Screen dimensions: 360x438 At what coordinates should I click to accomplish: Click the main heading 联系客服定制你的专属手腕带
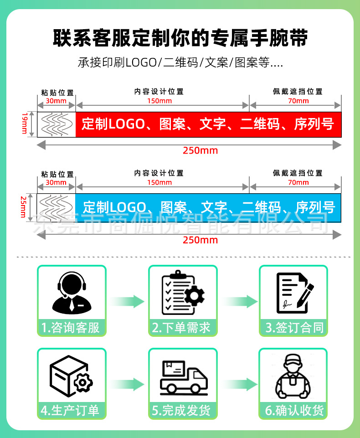(x=180, y=38)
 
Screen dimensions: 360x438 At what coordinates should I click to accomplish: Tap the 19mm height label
(x=25, y=124)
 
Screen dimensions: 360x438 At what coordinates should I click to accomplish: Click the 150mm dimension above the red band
(x=159, y=101)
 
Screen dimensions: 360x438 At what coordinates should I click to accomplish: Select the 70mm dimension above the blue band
(x=298, y=182)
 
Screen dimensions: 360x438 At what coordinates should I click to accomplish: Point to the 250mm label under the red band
(x=201, y=150)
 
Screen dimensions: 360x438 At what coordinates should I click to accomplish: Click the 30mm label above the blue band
(x=56, y=182)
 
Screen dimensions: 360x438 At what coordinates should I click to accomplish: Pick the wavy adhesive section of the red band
(x=57, y=124)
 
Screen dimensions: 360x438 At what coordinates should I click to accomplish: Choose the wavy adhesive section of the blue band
(x=57, y=207)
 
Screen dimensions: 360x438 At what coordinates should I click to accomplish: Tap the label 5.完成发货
(x=183, y=410)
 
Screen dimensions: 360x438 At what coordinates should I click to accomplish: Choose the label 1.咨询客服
(x=71, y=327)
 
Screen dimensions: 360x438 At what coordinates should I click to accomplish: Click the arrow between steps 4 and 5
(x=127, y=384)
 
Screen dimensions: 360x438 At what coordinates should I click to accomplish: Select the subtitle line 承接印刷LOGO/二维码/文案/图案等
(x=180, y=62)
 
